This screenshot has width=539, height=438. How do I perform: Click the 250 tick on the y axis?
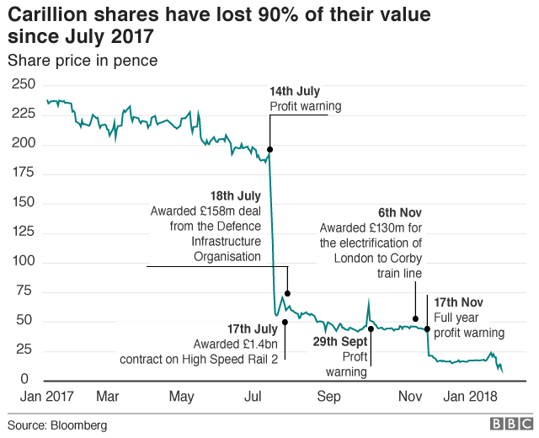tap(23, 84)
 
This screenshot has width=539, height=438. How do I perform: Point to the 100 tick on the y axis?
tap(23, 262)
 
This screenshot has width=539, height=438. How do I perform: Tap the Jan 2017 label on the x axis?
tap(42, 397)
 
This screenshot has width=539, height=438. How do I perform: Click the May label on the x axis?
tap(182, 397)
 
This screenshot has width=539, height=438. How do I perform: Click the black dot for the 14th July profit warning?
tap(269, 149)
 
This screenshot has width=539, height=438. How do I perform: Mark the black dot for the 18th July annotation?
tap(287, 293)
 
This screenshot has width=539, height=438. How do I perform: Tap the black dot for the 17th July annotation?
tap(285, 322)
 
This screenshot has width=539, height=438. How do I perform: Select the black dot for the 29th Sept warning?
tap(371, 328)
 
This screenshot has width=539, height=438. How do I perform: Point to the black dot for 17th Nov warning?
tap(428, 328)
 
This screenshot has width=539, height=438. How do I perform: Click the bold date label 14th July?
tap(295, 91)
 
